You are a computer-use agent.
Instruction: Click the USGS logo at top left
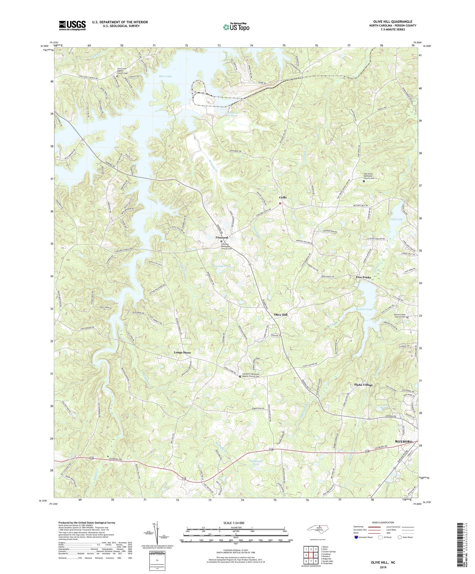point(72,25)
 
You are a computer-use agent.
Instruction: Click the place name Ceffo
point(282,198)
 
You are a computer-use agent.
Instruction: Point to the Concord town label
point(222,237)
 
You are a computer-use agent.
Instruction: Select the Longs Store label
point(182,352)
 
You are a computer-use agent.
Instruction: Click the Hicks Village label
point(363,385)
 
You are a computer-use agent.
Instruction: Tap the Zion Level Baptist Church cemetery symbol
point(117,76)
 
